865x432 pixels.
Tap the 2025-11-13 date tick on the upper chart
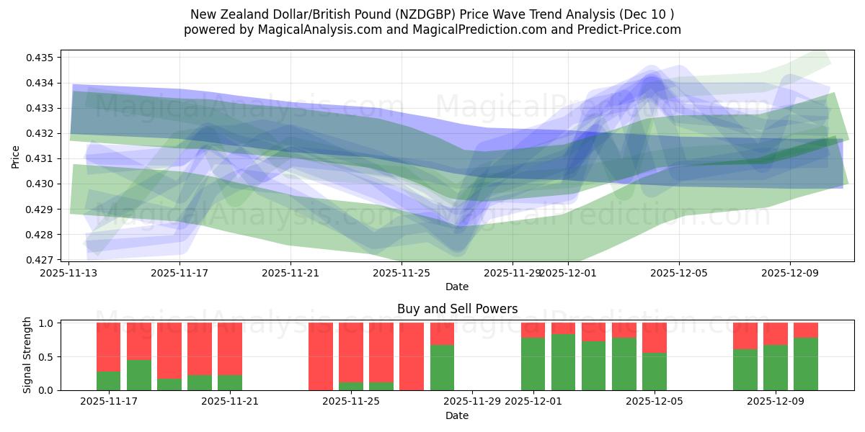coord(69,273)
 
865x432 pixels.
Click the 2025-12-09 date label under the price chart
coord(789,273)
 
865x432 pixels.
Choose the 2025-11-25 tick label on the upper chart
coord(401,273)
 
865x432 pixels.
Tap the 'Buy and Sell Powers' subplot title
coord(457,309)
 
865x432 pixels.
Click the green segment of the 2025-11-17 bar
coord(108,381)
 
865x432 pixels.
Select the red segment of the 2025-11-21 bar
coord(230,348)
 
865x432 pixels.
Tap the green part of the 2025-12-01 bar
coord(533,364)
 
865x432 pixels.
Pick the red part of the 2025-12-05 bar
coord(655,337)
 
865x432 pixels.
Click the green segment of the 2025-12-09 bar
coord(776,367)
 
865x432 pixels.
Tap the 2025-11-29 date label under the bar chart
coord(472,402)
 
